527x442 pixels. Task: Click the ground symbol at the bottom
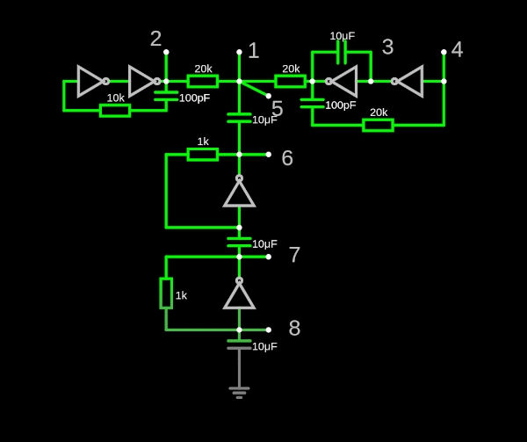click(x=239, y=391)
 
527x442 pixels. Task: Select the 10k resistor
click(x=115, y=110)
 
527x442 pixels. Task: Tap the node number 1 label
click(x=253, y=51)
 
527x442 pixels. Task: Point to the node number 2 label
click(x=155, y=39)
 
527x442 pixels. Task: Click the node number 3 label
click(x=387, y=47)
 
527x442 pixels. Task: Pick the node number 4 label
click(x=457, y=49)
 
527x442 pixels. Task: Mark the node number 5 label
click(x=277, y=109)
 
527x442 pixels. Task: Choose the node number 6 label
click(x=286, y=158)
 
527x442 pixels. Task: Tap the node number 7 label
click(x=294, y=255)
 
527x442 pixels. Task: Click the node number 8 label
click(x=294, y=328)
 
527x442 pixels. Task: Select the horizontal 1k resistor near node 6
click(x=203, y=154)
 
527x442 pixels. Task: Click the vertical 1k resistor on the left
click(x=166, y=293)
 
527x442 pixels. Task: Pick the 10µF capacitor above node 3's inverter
click(x=342, y=52)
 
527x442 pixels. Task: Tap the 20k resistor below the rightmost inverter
click(x=378, y=125)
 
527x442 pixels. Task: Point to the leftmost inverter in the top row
click(x=91, y=81)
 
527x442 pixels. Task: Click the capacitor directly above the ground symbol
click(x=239, y=344)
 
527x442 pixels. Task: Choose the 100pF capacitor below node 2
click(x=166, y=94)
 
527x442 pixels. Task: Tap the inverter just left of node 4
click(x=408, y=81)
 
